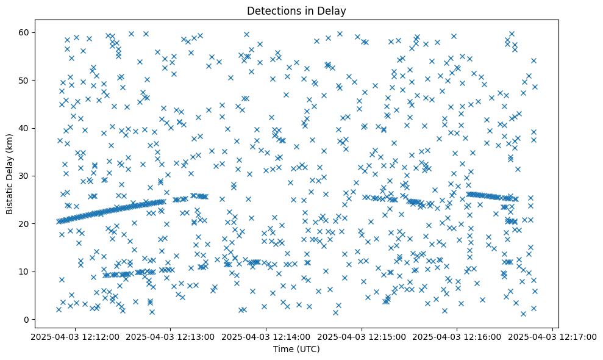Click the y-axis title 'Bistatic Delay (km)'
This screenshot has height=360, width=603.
pos(10,173)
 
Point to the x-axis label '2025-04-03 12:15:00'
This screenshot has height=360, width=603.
pos(362,336)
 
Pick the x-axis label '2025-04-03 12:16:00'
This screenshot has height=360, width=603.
pos(457,336)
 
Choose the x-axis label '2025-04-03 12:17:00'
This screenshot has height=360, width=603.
pos(553,336)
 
